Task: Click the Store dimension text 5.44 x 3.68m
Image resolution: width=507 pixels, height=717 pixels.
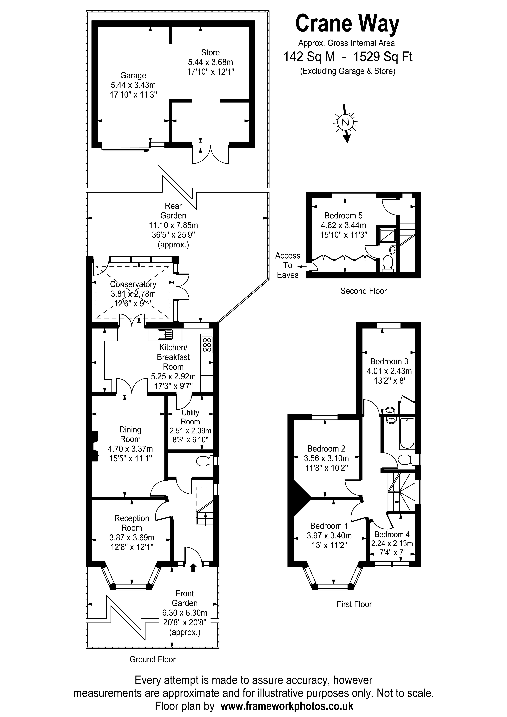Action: click(x=210, y=62)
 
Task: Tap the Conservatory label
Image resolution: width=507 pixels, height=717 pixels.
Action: click(x=133, y=284)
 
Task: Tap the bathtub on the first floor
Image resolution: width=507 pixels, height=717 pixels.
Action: click(x=406, y=433)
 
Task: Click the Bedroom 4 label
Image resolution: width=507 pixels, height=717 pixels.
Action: click(x=392, y=534)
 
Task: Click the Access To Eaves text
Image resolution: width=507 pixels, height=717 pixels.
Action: click(x=287, y=265)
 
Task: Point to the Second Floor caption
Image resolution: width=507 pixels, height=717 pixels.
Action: click(x=363, y=291)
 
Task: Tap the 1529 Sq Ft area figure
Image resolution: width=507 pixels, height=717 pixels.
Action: click(x=383, y=57)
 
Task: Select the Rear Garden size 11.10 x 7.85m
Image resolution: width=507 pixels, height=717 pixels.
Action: click(x=173, y=225)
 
